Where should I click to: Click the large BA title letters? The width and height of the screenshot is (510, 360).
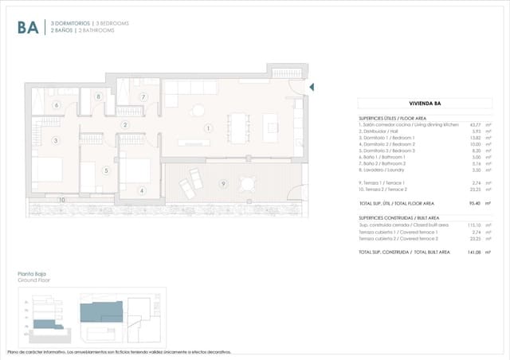pos(27,28)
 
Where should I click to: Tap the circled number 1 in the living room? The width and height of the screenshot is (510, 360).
pos(208,128)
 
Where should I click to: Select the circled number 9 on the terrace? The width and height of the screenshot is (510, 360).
pos(224,184)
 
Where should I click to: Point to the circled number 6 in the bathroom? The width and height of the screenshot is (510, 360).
pos(57,105)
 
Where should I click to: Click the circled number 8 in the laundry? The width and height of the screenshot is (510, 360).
pos(99,96)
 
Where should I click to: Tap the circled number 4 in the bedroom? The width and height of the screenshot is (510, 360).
pos(141,191)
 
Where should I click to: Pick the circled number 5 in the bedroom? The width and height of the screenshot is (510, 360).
pos(106,170)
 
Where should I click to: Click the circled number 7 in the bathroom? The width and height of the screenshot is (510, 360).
pos(143,97)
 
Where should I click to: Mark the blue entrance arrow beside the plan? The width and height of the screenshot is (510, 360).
pos(312,87)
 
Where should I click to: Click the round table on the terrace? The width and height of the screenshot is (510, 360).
pos(248,184)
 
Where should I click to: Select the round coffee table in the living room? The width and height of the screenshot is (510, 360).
pos(197,111)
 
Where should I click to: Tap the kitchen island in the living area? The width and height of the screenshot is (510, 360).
pos(271,124)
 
